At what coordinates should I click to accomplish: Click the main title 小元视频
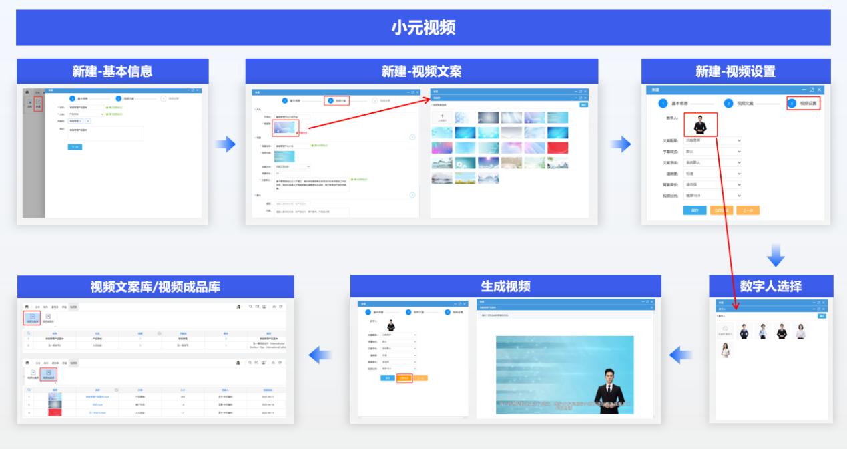pyautogui.click(x=423, y=27)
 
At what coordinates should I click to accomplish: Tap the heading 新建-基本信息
pyautogui.click(x=112, y=71)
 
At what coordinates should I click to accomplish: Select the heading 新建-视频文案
pyautogui.click(x=421, y=71)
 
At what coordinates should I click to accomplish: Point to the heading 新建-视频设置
pyautogui.click(x=735, y=71)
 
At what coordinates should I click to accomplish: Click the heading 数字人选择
pyautogui.click(x=770, y=286)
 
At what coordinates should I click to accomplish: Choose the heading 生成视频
pyautogui.click(x=505, y=286)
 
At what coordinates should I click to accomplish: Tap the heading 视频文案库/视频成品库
pyautogui.click(x=155, y=287)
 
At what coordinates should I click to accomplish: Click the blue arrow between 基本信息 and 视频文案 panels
pyautogui.click(x=226, y=144)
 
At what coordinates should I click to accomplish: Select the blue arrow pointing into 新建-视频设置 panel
pyautogui.click(x=621, y=144)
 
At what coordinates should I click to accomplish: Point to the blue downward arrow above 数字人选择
pyautogui.click(x=775, y=255)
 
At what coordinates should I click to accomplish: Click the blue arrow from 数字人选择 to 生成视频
pyautogui.click(x=681, y=355)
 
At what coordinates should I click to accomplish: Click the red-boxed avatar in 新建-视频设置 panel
pyautogui.click(x=700, y=124)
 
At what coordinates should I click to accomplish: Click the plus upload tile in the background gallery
pyautogui.click(x=442, y=118)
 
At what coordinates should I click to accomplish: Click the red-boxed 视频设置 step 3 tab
pyautogui.click(x=802, y=104)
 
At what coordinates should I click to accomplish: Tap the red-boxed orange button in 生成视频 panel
pyautogui.click(x=404, y=378)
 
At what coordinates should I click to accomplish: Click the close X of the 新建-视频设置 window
pyautogui.click(x=820, y=90)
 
